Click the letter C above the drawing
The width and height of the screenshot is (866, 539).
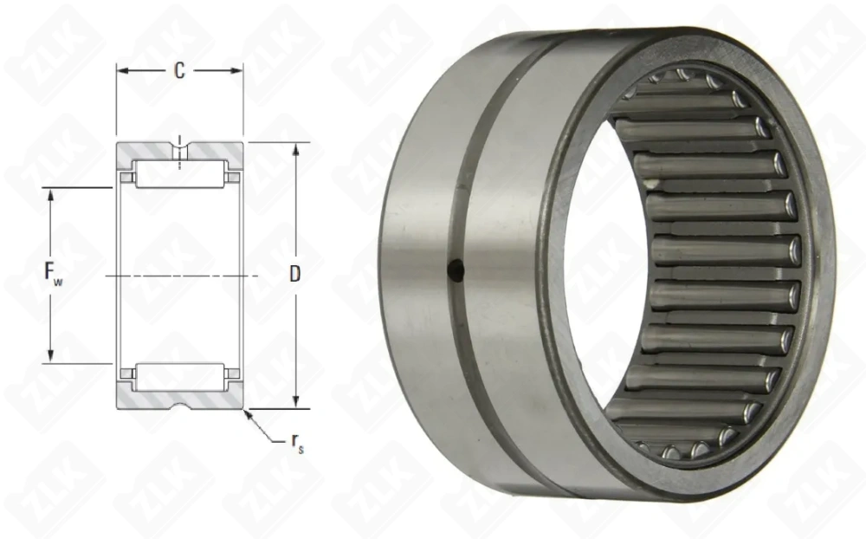point(179,71)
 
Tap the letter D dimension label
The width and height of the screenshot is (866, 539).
point(294,275)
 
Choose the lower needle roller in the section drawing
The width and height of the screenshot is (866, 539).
point(179,375)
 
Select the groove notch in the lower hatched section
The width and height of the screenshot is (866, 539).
point(179,403)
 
